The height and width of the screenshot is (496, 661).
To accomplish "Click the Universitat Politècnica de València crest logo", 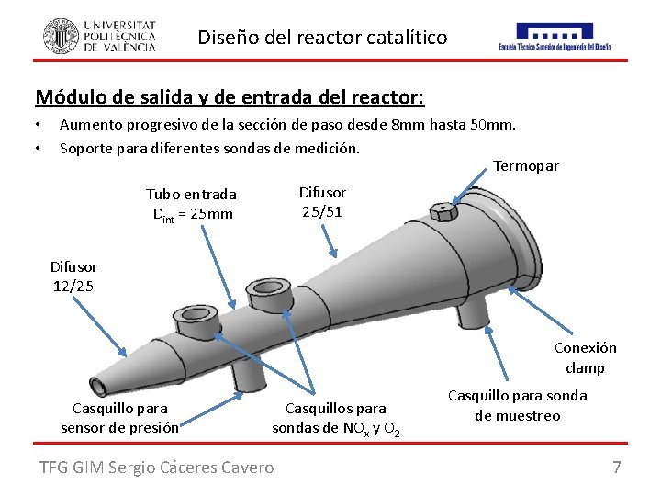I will tap(61, 36).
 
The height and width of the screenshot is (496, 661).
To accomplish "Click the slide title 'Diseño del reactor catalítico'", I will tap(322, 38).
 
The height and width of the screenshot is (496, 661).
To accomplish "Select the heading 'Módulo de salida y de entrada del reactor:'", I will tap(229, 96).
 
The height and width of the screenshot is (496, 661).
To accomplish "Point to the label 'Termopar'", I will tap(525, 166).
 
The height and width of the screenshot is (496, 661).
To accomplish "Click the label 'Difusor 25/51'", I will tap(323, 202).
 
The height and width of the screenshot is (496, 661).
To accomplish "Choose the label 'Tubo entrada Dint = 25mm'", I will tap(192, 204).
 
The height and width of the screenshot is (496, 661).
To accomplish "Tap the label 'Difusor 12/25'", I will tap(73, 276).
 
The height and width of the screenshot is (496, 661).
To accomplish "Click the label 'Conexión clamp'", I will tap(585, 357).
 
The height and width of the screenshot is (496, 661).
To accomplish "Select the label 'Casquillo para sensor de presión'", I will tap(119, 417).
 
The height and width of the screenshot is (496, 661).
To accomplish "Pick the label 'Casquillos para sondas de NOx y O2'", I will tap(336, 417).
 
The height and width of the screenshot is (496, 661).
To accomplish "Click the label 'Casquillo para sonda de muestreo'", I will tap(517, 405).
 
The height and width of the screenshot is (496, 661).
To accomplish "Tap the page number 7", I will tap(617, 468).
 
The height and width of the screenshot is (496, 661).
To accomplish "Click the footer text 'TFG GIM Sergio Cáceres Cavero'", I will tap(156, 468).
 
